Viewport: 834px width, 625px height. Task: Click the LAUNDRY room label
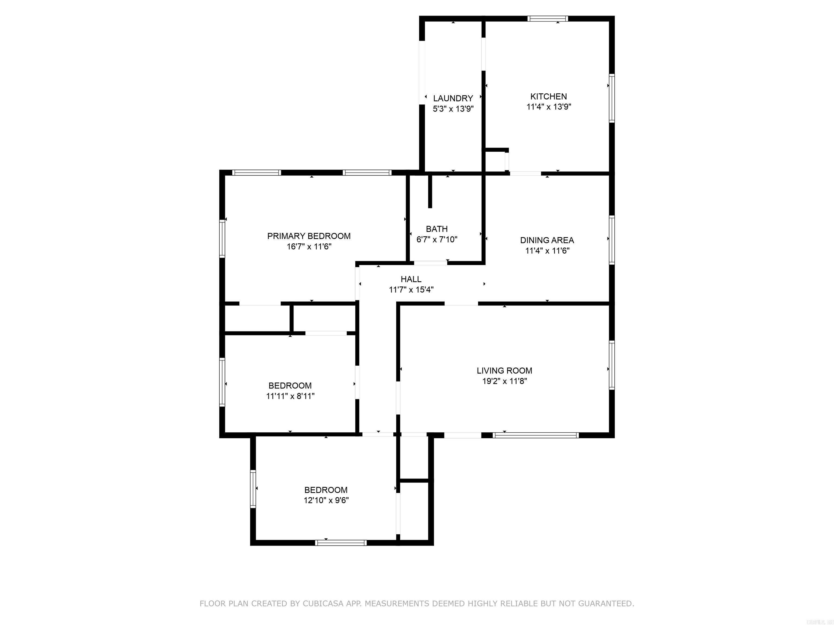(453, 98)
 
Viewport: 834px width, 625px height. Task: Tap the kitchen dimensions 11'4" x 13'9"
(549, 107)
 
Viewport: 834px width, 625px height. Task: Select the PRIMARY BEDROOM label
(309, 236)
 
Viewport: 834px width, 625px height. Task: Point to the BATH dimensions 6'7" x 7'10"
(437, 240)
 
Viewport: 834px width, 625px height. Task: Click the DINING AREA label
(547, 240)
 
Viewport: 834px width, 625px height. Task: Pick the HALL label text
(411, 279)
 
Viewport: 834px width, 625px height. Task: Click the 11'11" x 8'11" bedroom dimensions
(290, 396)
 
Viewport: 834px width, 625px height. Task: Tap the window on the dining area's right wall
(612, 240)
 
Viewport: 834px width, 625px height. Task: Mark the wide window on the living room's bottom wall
(535, 435)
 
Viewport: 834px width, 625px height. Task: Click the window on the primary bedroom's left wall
(222, 239)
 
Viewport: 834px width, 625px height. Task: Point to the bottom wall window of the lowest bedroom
(341, 543)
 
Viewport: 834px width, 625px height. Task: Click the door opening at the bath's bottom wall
(430, 263)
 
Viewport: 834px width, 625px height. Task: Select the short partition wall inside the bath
(430, 192)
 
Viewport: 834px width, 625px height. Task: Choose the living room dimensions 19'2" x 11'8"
(504, 381)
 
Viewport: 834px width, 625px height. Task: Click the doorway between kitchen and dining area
(525, 173)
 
